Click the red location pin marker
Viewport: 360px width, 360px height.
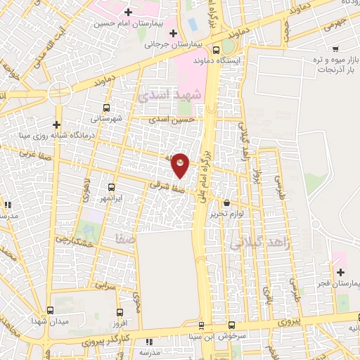pyautogui.click(x=181, y=165)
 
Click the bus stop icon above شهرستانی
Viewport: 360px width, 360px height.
pyautogui.click(x=106, y=108)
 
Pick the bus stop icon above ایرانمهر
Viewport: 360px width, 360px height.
pyautogui.click(x=112, y=187)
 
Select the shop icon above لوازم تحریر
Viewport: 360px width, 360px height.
pyautogui.click(x=226, y=202)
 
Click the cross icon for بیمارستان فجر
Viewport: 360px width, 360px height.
pyautogui.click(x=341, y=272)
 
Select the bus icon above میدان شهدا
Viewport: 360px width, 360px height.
pyautogui.click(x=49, y=309)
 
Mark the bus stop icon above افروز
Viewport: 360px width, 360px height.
pyautogui.click(x=119, y=312)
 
